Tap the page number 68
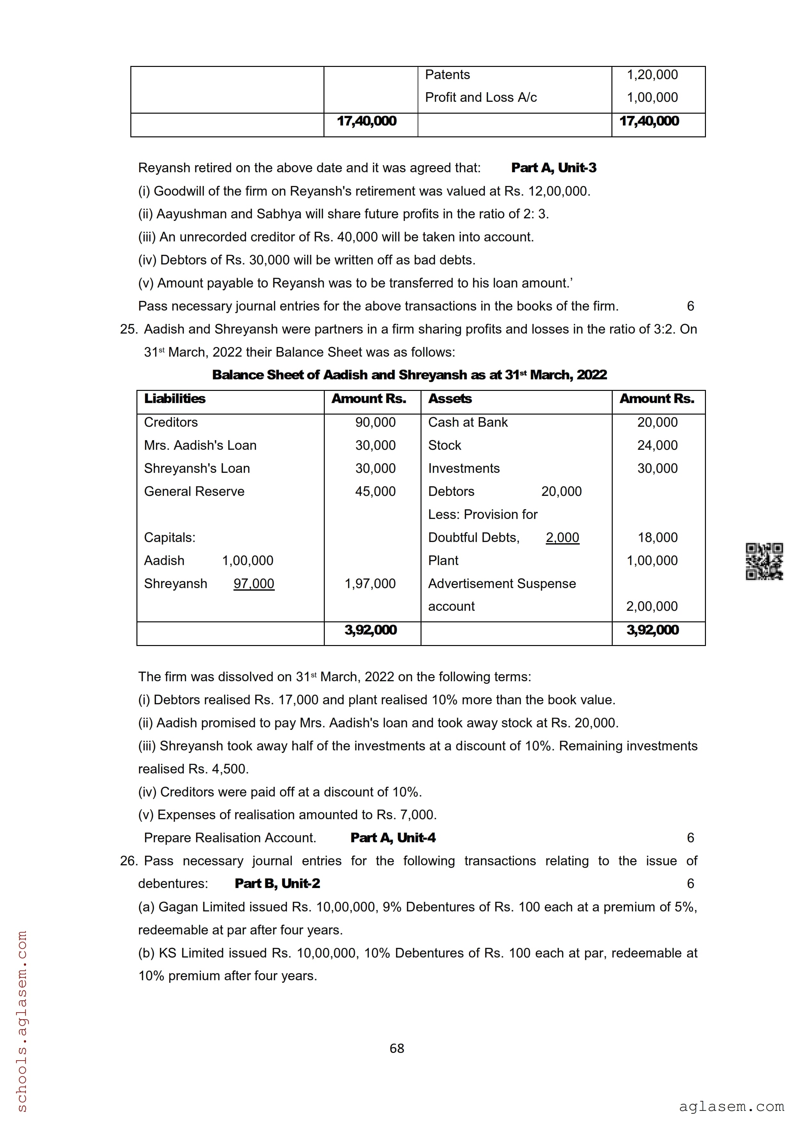397,1048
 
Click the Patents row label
447,75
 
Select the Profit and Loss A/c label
480,97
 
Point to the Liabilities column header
175,399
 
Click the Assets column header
450,399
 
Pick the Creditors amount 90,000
375,422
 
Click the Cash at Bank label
468,422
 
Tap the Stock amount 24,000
657,445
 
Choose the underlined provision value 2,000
562,537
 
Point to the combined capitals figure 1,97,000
370,584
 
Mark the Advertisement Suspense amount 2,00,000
652,607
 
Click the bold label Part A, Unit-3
553,168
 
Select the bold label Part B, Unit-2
277,883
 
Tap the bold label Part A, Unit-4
393,838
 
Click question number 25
129,329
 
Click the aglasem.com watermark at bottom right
731,1106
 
